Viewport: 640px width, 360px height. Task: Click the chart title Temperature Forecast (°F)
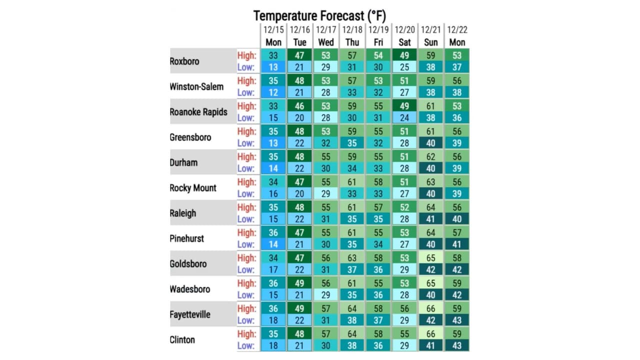(x=319, y=15)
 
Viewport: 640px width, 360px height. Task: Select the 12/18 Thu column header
(x=352, y=36)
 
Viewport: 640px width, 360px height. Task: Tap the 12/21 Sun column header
(x=430, y=36)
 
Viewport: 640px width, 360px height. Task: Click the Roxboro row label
(x=184, y=61)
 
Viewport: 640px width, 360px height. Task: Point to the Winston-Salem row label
(x=196, y=87)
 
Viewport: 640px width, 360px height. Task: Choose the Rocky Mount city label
(x=193, y=188)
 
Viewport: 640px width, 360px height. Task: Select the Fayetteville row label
(x=190, y=314)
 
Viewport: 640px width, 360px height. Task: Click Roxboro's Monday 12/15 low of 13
(x=273, y=67)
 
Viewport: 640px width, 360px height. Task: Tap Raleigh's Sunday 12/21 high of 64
(x=430, y=207)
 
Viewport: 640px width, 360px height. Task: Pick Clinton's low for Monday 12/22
(x=457, y=345)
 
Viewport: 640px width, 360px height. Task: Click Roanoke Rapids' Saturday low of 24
(x=404, y=118)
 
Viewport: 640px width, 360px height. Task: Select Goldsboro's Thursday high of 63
(x=352, y=258)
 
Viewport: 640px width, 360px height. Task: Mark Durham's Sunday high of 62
(x=430, y=156)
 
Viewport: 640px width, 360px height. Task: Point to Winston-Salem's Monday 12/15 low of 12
(x=273, y=92)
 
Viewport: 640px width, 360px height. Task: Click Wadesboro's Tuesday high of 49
(x=300, y=283)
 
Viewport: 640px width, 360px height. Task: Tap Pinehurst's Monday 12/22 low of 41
(x=457, y=244)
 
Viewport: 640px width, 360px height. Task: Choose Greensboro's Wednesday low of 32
(x=326, y=143)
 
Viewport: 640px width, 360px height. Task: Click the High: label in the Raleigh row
(x=246, y=207)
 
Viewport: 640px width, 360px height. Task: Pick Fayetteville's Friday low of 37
(x=378, y=320)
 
